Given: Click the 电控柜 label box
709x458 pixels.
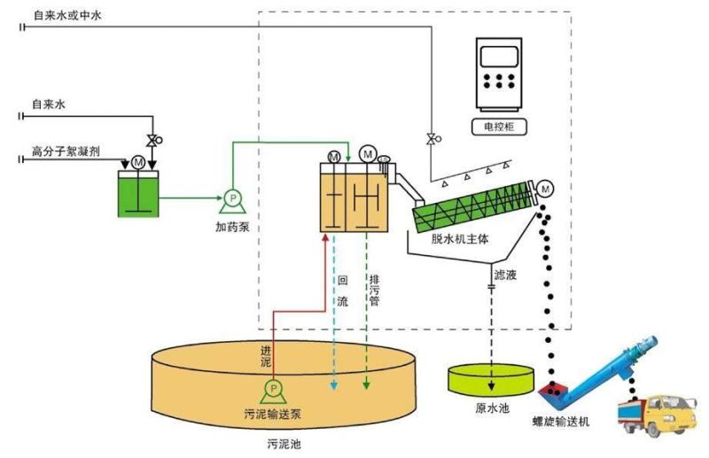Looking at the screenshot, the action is tap(499, 127).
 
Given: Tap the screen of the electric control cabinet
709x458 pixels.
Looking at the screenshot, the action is tap(499, 57).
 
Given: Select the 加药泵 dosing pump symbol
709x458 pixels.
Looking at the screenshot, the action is tap(233, 202).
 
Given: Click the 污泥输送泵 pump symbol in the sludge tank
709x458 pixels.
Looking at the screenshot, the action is tap(273, 392).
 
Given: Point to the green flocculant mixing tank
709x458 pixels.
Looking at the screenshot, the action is tap(138, 194).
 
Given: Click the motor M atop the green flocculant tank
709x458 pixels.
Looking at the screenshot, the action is tap(138, 162).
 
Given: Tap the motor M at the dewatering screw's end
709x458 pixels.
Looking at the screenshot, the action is tap(545, 189).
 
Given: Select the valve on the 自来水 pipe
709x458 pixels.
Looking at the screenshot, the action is tap(153, 141).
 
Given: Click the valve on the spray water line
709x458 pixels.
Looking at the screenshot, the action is tap(432, 139).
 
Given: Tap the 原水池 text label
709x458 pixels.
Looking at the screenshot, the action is tap(492, 408).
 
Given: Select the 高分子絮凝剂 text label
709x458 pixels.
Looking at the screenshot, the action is tap(66, 151).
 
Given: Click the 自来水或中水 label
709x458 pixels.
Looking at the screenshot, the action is tap(67, 15).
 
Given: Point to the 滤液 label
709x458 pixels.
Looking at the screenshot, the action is tap(505, 275).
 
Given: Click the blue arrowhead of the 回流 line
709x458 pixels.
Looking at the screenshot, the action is tap(334, 385).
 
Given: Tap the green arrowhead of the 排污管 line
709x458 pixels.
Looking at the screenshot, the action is tap(367, 385).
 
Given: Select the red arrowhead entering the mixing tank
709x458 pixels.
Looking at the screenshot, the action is tap(324, 237).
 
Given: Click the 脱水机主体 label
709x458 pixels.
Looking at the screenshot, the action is tap(460, 239).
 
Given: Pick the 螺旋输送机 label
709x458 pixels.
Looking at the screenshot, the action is tap(561, 422).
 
